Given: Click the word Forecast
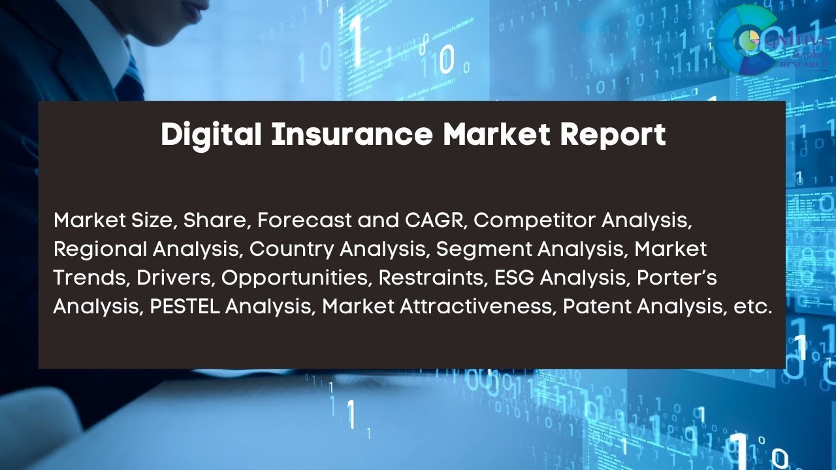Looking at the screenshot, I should [304, 221].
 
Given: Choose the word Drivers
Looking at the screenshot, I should [176, 277].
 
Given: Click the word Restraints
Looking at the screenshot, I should [431, 277].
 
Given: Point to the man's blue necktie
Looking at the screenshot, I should [134, 75].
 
